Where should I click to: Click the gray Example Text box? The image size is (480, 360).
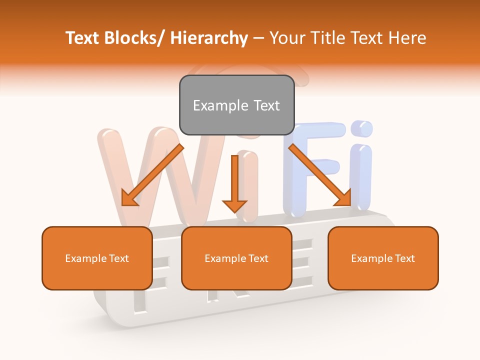point(236,105)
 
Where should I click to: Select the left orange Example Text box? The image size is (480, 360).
point(97,258)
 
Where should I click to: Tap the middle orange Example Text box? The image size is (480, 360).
point(236,258)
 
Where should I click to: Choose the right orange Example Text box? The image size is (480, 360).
point(383,258)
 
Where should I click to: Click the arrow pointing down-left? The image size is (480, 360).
point(152,175)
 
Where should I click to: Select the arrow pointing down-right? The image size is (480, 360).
point(320,175)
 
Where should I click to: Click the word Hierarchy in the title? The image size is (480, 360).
point(209,38)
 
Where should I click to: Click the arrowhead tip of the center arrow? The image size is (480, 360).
point(234,210)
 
